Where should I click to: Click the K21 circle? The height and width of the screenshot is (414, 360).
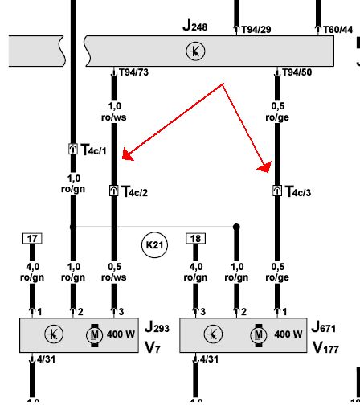[x=154, y=244]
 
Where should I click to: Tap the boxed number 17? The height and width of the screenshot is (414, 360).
[x=32, y=239]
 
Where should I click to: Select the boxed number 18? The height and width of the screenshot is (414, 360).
[x=195, y=239]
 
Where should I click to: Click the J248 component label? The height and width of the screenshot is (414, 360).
[x=194, y=26]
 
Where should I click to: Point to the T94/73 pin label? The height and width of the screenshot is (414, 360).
[x=133, y=72]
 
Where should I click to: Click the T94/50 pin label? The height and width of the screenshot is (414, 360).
[x=297, y=72]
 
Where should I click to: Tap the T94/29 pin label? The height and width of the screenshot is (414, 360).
[x=256, y=29]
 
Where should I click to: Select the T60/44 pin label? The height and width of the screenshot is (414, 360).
[x=338, y=29]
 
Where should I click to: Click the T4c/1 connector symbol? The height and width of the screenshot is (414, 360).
[x=73, y=149]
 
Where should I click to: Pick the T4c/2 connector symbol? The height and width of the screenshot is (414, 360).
[x=114, y=191]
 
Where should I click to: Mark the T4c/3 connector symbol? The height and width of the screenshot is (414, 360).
[x=277, y=191]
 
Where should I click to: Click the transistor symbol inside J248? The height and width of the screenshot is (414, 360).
[x=195, y=51]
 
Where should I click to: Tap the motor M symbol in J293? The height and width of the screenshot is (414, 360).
[x=95, y=335]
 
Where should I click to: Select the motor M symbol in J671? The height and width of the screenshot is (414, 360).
[x=259, y=335]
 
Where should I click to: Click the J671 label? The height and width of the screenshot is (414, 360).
[x=324, y=327]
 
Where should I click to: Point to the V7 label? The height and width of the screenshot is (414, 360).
[x=153, y=347]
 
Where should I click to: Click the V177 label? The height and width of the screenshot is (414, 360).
[x=325, y=347]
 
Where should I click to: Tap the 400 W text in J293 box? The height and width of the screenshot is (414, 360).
[x=121, y=334]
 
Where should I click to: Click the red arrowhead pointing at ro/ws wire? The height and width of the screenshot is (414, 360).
[x=128, y=155]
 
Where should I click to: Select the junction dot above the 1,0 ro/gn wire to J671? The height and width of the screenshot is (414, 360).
[x=236, y=227]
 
